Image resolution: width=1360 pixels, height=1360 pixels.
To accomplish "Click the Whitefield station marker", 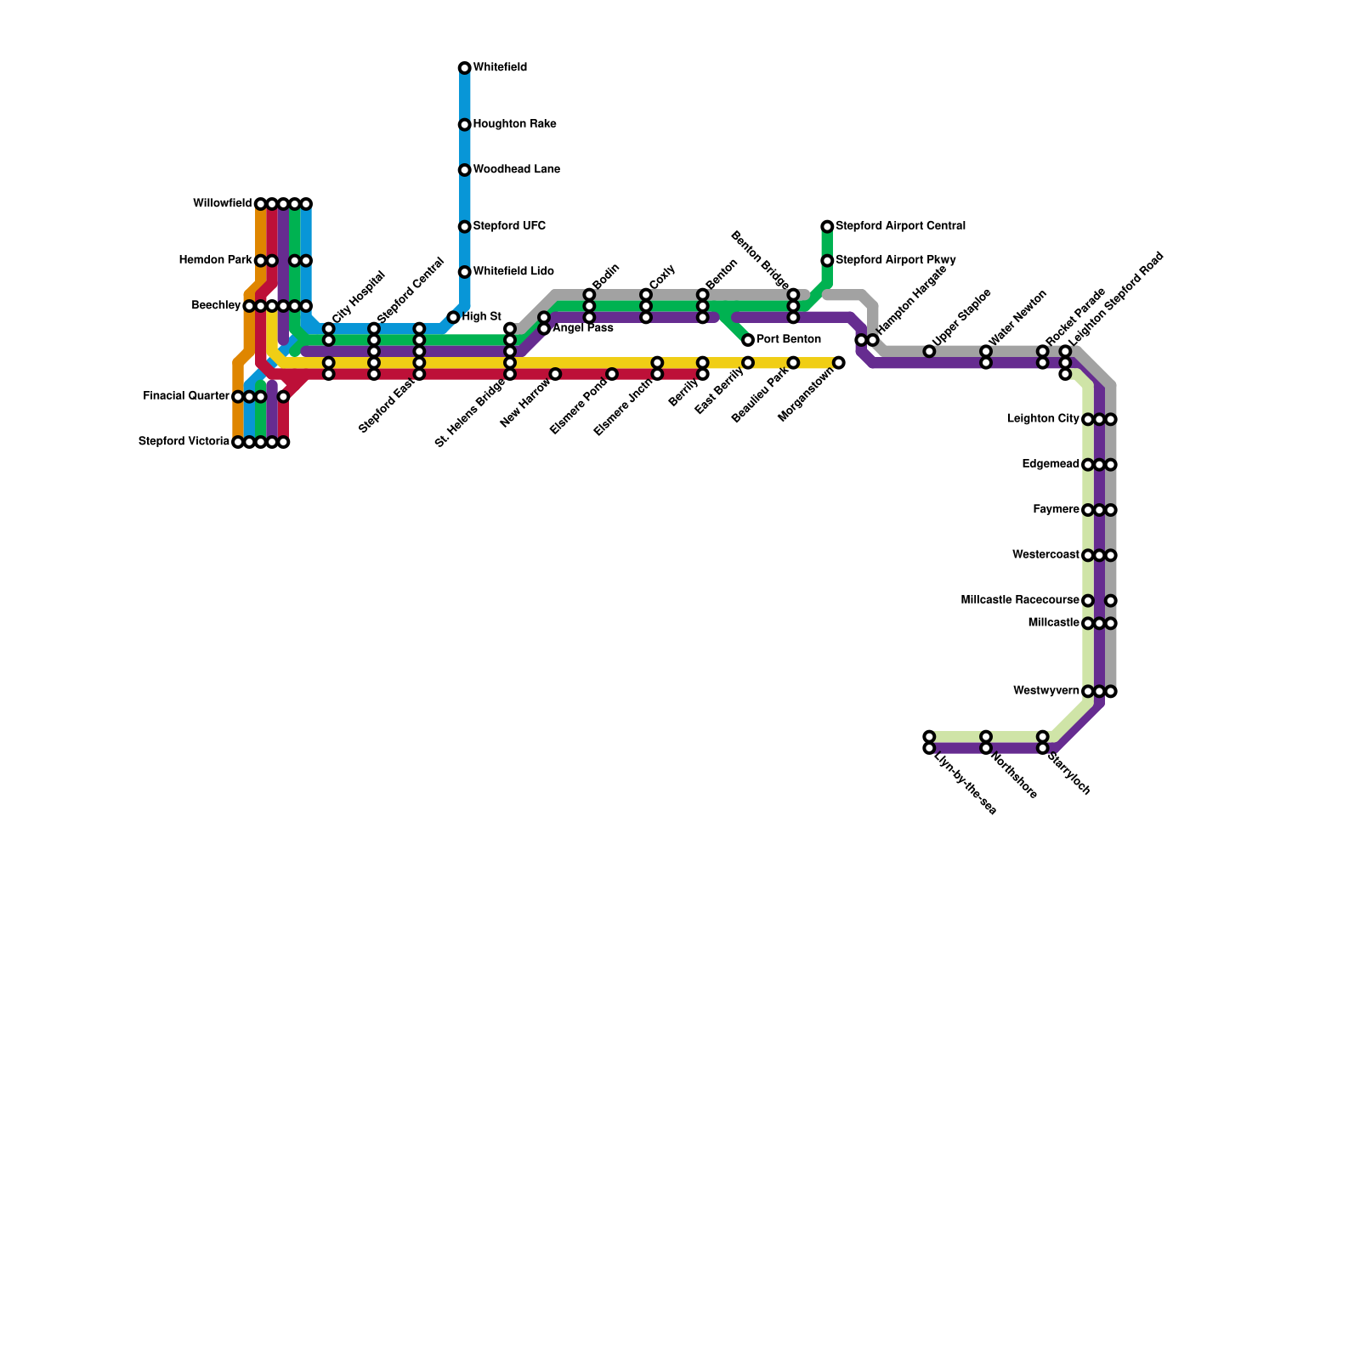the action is click(464, 68).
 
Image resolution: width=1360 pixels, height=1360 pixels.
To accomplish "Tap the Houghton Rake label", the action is click(514, 124).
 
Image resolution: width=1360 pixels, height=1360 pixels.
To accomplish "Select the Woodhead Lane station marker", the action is click(464, 170).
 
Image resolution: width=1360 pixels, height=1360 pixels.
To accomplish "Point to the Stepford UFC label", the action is click(509, 226).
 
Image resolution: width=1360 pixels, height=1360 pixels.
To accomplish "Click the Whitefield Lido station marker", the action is click(464, 272).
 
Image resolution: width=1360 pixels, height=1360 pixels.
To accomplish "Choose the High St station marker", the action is click(453, 317).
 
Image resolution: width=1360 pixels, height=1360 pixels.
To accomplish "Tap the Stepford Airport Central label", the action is click(900, 226).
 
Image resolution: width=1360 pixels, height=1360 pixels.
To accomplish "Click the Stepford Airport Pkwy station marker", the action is click(827, 260).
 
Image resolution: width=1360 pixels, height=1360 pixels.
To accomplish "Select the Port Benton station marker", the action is click(748, 340).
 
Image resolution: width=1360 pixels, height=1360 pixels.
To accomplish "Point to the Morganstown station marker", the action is click(839, 363).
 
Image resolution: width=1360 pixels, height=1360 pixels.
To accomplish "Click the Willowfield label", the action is click(222, 203).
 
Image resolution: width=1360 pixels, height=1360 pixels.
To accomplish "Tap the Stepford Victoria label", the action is click(184, 441).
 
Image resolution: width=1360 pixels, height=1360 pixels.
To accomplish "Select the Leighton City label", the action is click(1043, 419).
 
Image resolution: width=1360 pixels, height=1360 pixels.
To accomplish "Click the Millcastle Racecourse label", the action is click(1019, 600).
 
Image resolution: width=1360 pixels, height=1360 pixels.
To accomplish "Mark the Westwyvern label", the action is click(1046, 691).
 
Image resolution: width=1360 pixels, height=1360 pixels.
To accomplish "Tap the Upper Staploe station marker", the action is click(929, 351).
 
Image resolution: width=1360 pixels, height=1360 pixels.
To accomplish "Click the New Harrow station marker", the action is click(555, 374).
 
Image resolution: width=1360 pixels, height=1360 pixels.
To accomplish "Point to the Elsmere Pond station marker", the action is click(612, 374).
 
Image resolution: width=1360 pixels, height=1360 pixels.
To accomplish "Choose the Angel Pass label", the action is click(582, 328).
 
